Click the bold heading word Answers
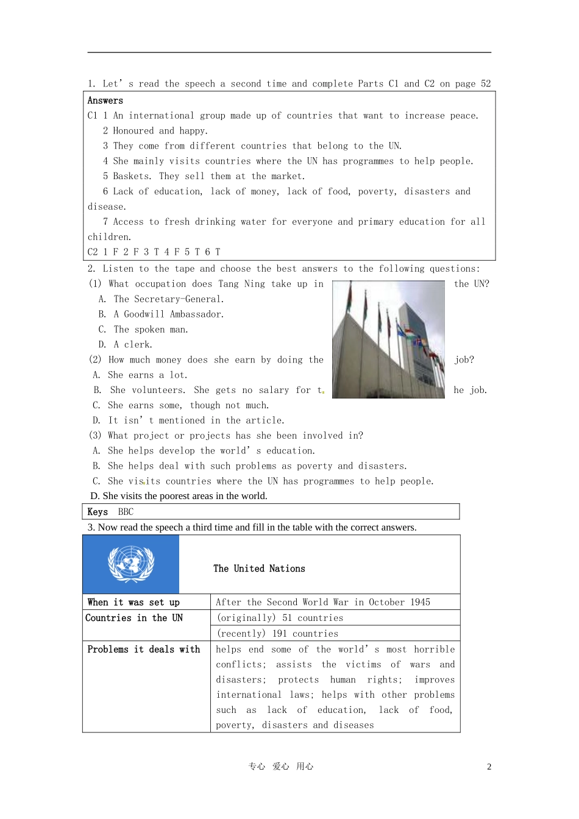[x=105, y=101]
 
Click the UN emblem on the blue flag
[x=131, y=564]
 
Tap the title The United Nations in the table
[x=259, y=569]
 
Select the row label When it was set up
[x=133, y=602]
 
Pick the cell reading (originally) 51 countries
[x=279, y=618]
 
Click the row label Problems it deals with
[x=143, y=650]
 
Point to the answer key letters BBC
[x=126, y=512]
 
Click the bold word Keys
[x=98, y=512]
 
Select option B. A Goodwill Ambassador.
[x=161, y=314]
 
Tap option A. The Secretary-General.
[x=161, y=299]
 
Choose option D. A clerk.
[x=125, y=345]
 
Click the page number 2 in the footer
[x=489, y=767]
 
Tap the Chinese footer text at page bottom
[x=281, y=767]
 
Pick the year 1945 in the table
[x=420, y=602]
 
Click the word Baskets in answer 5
[x=131, y=176]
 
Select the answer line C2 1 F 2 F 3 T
[x=154, y=252]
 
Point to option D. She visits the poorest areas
[x=179, y=496]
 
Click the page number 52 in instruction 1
[x=486, y=84]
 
